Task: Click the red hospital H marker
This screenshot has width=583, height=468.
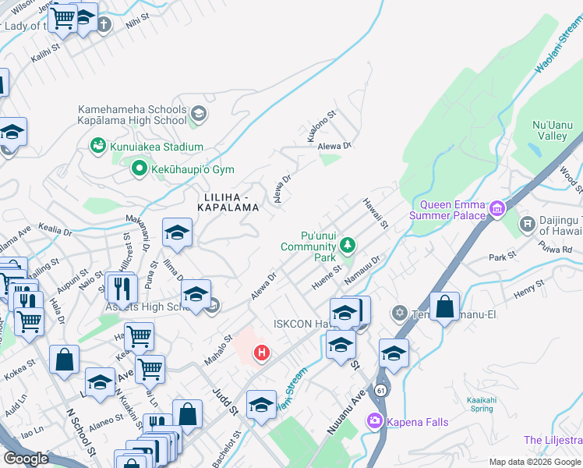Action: point(262,353)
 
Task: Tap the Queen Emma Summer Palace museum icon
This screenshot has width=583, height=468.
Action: point(496,209)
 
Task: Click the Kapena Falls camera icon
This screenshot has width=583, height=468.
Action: point(373,421)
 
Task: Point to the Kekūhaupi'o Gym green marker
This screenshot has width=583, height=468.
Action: point(140,168)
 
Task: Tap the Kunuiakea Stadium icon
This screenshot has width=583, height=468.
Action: point(97,146)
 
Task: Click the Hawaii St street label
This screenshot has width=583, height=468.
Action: point(375,214)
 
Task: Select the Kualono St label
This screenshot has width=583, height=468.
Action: point(320,126)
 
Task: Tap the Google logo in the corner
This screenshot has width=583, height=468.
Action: point(26,459)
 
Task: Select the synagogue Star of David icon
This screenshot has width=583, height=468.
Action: point(399,313)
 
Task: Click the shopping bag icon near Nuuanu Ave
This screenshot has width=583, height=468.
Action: point(444,307)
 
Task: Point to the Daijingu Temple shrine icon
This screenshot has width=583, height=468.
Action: point(528,225)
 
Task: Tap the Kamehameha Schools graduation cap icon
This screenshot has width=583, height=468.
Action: point(198,114)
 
